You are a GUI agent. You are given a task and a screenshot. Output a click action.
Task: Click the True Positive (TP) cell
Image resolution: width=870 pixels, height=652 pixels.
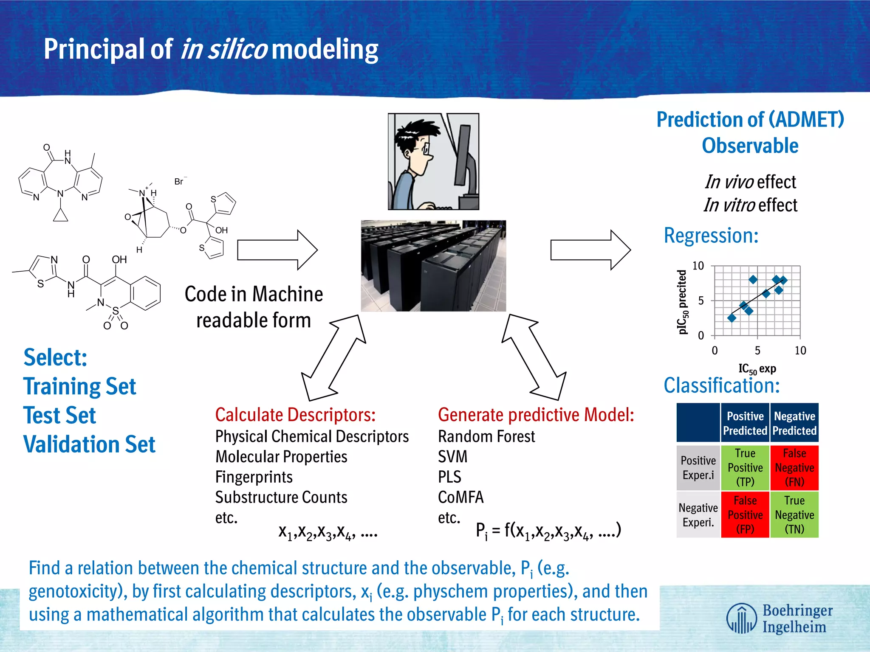[x=745, y=467]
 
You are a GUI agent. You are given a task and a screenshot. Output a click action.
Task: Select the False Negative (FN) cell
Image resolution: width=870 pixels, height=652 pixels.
[x=794, y=467]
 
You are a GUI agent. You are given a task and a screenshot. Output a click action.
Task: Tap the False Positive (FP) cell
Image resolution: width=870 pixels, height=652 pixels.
[x=745, y=514]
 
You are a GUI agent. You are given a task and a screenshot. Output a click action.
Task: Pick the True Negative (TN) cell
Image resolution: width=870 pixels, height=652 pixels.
[x=794, y=514]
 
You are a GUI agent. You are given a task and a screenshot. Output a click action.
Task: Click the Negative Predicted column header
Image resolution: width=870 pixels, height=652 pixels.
[x=794, y=423]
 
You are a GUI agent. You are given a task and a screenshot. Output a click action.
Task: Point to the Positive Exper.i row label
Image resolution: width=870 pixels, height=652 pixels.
[x=698, y=467]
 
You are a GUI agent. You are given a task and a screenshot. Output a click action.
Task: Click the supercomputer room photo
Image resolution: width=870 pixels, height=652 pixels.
[x=433, y=266]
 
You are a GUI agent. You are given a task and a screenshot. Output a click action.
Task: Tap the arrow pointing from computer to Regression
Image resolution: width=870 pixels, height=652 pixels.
[x=590, y=250]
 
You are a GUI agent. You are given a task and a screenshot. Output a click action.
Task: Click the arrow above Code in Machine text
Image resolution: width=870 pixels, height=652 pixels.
[x=277, y=250]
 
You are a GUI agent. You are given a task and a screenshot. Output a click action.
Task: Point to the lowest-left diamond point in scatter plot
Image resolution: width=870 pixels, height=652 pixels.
[x=732, y=318]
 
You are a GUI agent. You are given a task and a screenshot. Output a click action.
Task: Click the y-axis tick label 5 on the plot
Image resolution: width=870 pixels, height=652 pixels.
[x=701, y=301]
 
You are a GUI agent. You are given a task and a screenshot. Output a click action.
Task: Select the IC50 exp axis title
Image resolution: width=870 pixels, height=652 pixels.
[x=757, y=369]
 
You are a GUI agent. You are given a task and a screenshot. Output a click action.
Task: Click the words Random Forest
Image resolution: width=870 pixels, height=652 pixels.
[x=486, y=436]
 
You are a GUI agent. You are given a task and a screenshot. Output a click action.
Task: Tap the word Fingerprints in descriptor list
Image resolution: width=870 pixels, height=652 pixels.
[x=254, y=477]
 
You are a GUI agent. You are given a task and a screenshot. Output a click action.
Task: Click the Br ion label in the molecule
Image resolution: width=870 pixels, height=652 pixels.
[x=179, y=182]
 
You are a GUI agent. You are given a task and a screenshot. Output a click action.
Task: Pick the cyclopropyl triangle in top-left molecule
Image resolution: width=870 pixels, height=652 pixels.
[x=61, y=216]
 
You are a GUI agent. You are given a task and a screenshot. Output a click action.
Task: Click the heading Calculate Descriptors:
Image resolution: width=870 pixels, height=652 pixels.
[x=295, y=415]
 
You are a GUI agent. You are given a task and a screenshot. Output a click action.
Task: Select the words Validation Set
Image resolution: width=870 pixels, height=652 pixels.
[x=89, y=444]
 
